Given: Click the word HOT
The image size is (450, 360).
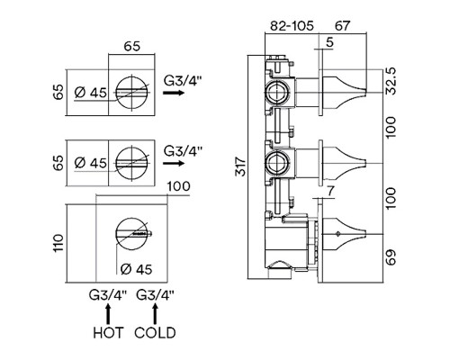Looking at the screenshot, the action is point(108,333).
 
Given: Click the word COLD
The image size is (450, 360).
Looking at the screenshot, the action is point(155,333).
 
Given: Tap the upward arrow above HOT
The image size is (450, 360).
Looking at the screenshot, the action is point(108,314).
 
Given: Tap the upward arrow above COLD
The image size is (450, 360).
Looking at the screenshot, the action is point(155,314).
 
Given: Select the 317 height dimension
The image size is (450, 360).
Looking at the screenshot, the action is point(240,166).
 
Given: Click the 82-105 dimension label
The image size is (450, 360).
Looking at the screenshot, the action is point(292,26).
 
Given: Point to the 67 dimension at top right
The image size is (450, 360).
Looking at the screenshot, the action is point(342,26).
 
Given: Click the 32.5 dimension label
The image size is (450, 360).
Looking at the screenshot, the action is point(391,81).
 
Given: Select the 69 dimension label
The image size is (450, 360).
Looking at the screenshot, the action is point(391,257).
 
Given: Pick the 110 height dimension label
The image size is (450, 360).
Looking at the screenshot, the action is point(58,243).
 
